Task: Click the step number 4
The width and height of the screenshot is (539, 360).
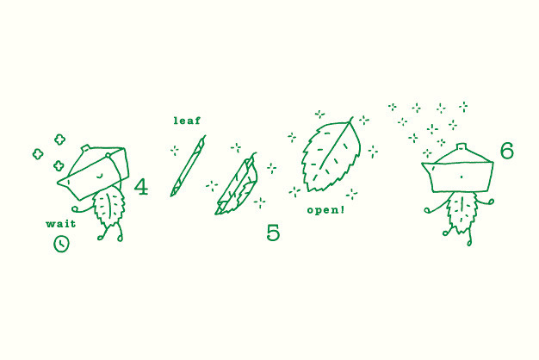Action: point(141,187)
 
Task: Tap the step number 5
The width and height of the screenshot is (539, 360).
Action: point(273,233)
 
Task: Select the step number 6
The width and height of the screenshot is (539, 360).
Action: point(506,151)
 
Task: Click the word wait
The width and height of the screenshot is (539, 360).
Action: point(61,224)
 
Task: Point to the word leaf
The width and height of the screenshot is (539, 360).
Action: point(187,121)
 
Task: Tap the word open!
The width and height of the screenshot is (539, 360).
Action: point(325,210)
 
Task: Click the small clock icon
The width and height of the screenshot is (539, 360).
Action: point(61,244)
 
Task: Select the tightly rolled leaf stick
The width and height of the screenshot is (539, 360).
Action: point(188,166)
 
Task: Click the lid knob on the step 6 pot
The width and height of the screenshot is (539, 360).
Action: point(461,148)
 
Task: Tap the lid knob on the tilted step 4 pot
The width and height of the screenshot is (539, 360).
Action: point(86,149)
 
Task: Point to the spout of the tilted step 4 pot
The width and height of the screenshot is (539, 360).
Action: point(65,182)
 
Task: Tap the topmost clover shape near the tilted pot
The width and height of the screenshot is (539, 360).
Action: point(59,140)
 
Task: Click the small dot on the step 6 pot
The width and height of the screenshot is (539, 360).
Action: point(461,177)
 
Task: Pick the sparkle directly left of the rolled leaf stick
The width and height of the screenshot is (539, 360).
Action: point(175,150)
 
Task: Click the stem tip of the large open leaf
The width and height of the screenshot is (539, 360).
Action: point(352,118)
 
